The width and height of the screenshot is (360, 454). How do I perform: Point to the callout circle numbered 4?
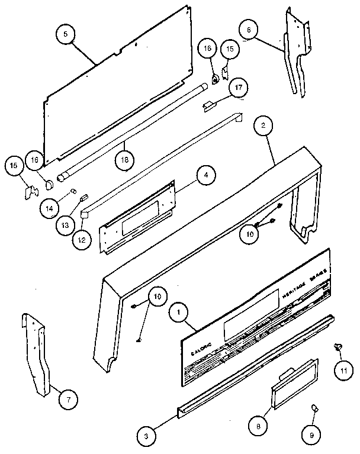204,175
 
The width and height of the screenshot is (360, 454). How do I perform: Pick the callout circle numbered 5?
66,34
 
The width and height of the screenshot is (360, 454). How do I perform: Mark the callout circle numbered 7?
68,400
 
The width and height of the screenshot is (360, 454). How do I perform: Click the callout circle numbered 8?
259,425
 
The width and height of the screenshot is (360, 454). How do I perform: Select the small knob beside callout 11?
340,347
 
